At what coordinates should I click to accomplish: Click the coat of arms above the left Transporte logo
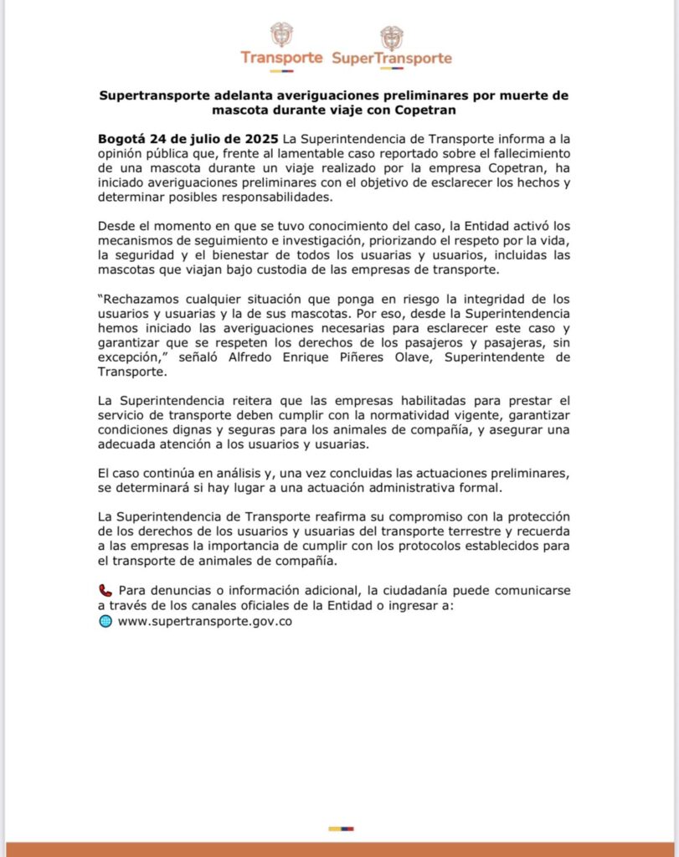[x=281, y=35]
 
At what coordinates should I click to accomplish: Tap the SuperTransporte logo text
[x=391, y=59]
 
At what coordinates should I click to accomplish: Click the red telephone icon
[x=105, y=591]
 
